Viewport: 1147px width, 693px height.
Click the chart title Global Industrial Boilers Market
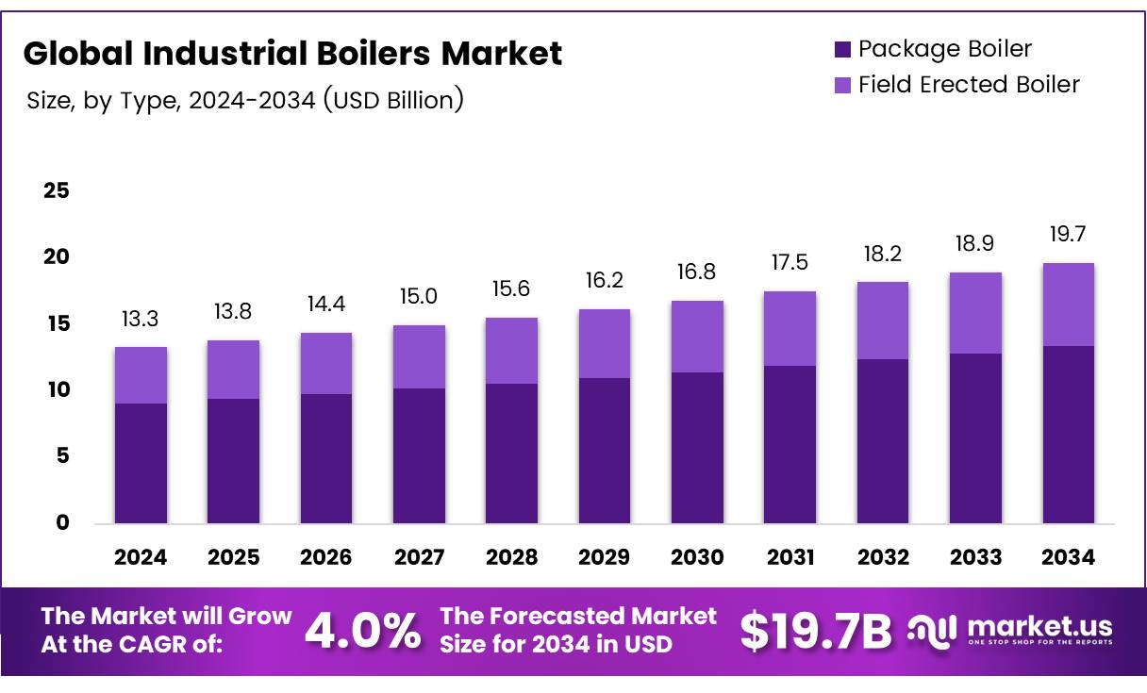(x=292, y=53)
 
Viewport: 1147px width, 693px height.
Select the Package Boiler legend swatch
(x=842, y=49)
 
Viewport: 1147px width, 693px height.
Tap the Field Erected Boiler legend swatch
(x=842, y=85)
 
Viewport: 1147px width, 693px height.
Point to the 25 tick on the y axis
(x=57, y=191)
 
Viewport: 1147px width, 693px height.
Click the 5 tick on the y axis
(x=63, y=456)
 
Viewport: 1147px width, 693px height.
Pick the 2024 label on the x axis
(x=141, y=557)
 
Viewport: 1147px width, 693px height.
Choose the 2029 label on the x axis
(x=605, y=557)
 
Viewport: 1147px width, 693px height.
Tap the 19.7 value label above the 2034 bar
(x=1068, y=236)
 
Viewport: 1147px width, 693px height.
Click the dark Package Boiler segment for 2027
(x=419, y=455)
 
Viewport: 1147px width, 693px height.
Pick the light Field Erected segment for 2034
(x=1068, y=305)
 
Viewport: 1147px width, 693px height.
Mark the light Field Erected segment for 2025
(x=233, y=370)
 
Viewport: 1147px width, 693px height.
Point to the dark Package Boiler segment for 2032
(x=883, y=441)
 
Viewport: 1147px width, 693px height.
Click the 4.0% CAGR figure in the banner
(x=363, y=632)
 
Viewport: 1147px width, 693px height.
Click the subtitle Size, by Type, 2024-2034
(x=245, y=100)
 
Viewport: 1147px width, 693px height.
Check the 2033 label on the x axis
(x=975, y=557)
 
